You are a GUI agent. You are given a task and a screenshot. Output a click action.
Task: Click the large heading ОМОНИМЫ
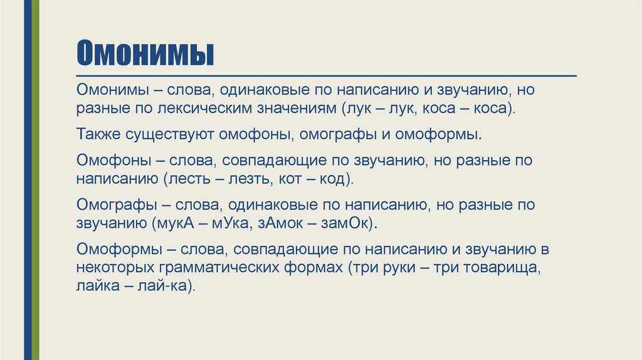tap(145, 54)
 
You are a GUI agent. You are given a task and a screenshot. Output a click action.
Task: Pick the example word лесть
tap(189, 179)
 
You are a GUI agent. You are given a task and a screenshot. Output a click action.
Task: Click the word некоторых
tap(115, 268)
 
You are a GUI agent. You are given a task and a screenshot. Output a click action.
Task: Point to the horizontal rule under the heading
tap(326, 75)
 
